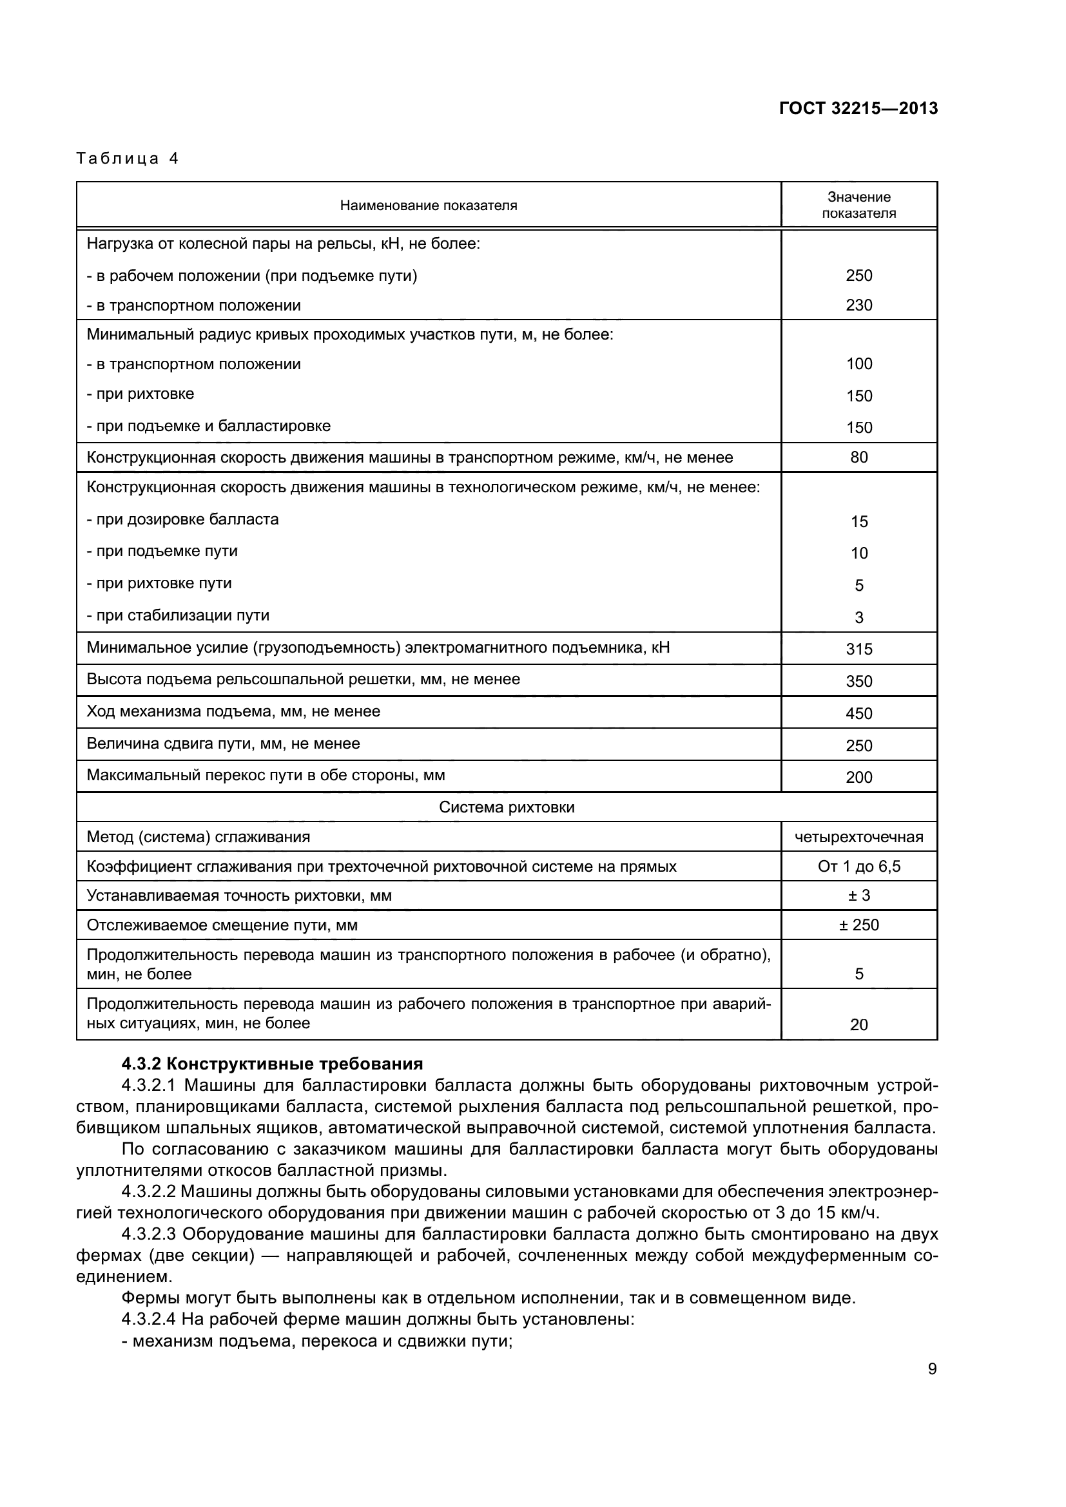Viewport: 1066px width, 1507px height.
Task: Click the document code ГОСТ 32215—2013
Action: (858, 108)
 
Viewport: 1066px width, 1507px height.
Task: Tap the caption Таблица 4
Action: (128, 158)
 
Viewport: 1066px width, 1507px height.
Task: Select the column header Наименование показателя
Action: (428, 206)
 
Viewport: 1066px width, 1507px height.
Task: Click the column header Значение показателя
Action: (858, 205)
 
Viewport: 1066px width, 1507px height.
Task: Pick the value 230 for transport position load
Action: (858, 305)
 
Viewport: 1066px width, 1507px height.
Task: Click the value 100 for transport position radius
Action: (858, 363)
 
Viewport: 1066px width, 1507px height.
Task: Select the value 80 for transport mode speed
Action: (858, 457)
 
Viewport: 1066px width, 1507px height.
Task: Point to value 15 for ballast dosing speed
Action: (858, 521)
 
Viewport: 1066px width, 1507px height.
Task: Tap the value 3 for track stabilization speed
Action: (858, 617)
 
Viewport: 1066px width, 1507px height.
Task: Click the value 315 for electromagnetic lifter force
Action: (858, 649)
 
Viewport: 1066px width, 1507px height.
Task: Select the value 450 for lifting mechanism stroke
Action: (858, 713)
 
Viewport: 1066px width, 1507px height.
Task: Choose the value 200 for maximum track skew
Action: (858, 777)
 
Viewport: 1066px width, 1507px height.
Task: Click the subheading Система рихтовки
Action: (506, 807)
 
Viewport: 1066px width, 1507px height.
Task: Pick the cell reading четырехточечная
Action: (858, 837)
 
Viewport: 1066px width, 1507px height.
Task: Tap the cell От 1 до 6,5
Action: (858, 867)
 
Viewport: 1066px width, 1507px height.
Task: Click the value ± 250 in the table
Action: (858, 925)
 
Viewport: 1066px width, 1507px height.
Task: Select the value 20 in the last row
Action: (858, 1024)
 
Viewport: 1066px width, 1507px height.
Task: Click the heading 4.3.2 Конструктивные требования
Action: (272, 1063)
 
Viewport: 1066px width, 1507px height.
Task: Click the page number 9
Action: (932, 1368)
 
